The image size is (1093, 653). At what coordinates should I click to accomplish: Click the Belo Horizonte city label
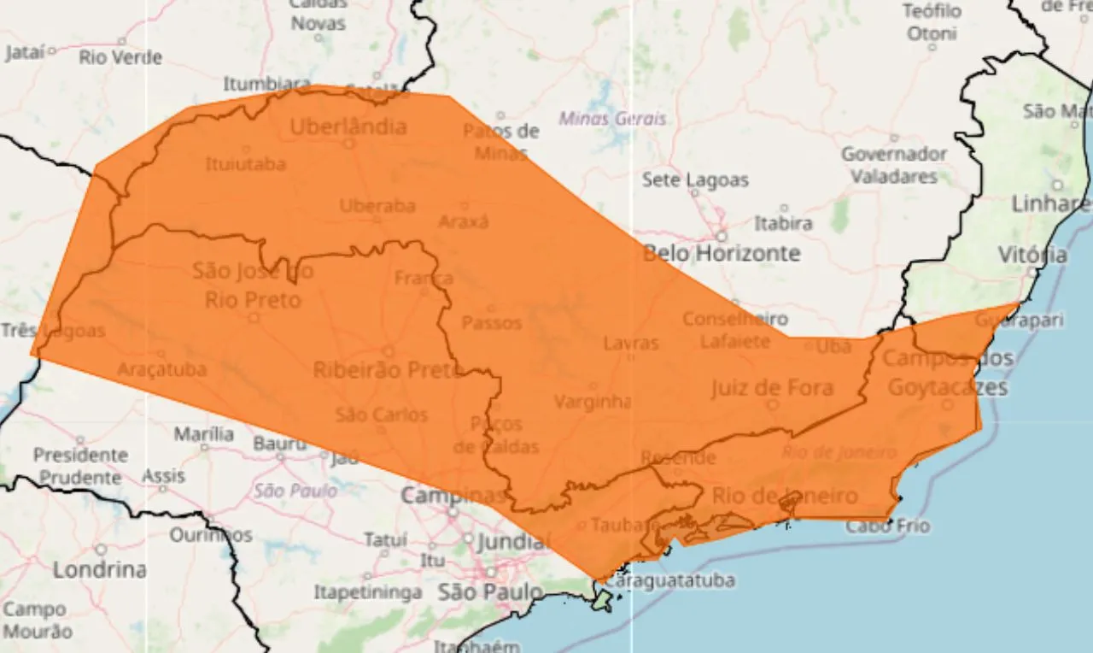722,254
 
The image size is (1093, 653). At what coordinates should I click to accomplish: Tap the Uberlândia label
348,127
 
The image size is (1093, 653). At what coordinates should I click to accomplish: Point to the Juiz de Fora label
772,388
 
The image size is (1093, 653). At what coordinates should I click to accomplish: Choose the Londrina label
100,569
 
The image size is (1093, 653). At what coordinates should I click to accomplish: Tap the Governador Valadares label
894,165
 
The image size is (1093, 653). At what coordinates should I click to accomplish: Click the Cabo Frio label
887,527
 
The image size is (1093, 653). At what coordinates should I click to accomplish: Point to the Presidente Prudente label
80,466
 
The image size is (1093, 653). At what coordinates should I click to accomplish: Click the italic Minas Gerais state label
612,119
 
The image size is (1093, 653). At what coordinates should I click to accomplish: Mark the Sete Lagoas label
695,180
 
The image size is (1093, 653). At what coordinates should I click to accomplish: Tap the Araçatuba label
161,370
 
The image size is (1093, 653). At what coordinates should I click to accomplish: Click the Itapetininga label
367,591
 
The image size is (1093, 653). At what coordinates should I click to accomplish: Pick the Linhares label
1051,204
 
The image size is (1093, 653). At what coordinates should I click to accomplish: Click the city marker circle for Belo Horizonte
722,236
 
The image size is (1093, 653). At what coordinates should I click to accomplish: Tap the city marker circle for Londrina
101,550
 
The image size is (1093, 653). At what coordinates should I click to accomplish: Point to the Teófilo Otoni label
932,23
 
